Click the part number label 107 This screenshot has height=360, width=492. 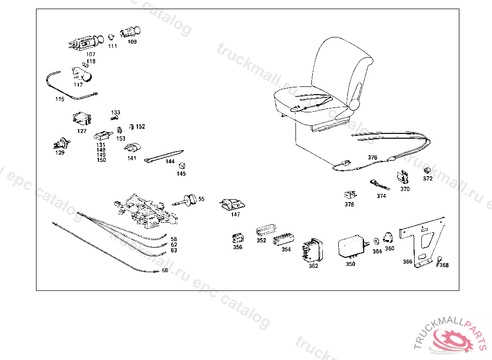point(91,54)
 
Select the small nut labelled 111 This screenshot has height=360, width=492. point(111,37)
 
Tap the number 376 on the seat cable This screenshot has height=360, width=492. point(373,157)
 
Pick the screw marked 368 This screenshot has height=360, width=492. point(439,260)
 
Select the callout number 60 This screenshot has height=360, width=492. point(165,270)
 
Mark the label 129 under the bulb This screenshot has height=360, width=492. point(60,153)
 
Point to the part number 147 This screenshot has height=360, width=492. point(235,215)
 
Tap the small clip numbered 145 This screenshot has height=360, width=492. point(181,166)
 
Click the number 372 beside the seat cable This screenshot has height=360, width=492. point(428,179)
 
